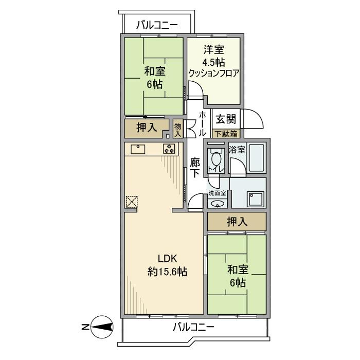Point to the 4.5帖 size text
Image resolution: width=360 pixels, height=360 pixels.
(x=213, y=62)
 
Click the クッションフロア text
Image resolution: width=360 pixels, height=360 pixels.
(x=213, y=73)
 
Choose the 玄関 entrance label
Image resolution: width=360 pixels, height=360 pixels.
(x=225, y=120)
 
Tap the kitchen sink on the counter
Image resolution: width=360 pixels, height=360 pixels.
(x=139, y=149)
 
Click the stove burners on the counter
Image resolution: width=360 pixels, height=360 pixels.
(x=169, y=149)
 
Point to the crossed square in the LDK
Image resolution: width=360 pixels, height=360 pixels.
(x=131, y=202)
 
